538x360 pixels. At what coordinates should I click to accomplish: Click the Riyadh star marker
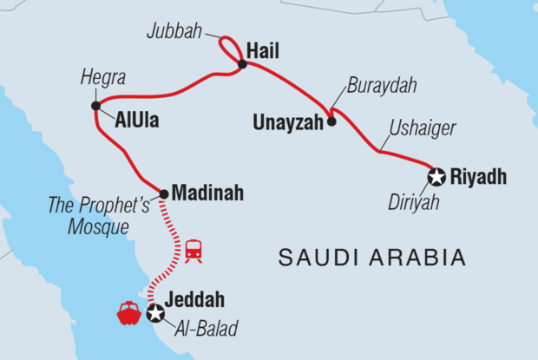436,177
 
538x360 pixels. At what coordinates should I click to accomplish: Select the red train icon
194,251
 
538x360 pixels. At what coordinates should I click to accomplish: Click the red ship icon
128,312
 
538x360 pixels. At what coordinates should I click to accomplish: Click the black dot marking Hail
242,62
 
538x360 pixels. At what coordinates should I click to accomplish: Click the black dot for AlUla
95,106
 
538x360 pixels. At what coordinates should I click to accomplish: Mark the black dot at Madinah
163,193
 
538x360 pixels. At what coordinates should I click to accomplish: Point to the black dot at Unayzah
331,122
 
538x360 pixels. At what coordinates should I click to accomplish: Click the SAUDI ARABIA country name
372,257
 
